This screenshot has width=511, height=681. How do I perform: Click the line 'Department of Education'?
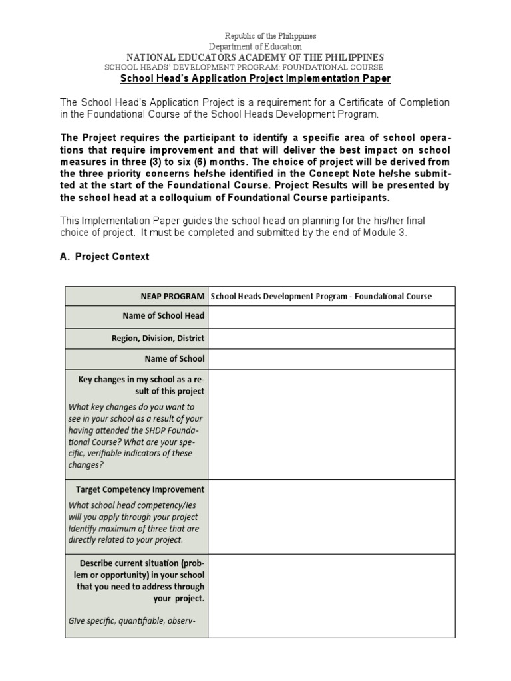pos(255,47)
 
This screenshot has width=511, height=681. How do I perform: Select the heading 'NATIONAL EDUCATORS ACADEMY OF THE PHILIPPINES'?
pos(255,57)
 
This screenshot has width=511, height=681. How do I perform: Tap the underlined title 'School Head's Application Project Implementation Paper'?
pos(255,78)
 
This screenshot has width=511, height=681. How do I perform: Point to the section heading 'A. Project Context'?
pos(104,257)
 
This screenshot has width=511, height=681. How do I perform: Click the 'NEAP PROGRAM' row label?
pos(172,297)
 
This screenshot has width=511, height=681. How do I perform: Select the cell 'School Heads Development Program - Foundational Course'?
pos(321,297)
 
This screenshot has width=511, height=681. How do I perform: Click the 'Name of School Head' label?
pos(164,315)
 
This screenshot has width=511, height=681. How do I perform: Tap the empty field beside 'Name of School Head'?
pos(331,317)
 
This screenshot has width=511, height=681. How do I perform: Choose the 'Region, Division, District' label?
pos(158,338)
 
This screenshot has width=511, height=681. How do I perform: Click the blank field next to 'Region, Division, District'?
pos(331,339)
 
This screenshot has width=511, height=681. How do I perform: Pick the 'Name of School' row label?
pos(174,359)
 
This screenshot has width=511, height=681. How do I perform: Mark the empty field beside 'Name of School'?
pos(331,359)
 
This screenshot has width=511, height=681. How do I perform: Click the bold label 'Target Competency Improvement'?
pos(140,489)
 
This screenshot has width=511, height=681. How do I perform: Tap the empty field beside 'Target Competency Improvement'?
pos(331,516)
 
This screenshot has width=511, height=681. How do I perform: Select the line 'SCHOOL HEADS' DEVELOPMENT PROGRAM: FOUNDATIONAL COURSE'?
pos(244,68)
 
